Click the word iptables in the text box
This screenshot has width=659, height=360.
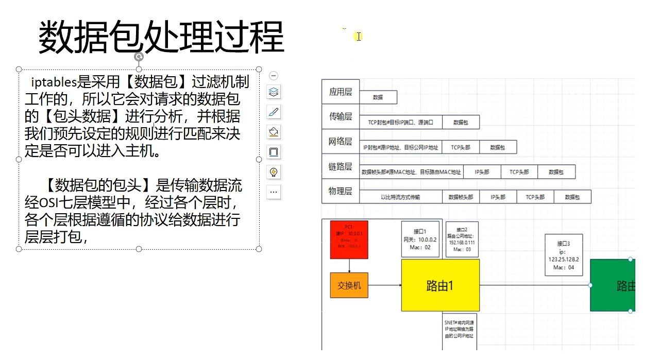pos(54,82)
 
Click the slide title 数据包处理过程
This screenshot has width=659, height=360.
pos(161,37)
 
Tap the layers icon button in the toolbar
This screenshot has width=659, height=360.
pos(274,92)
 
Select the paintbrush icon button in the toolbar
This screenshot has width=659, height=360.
pos(274,112)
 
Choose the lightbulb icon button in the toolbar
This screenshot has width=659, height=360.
pos(274,172)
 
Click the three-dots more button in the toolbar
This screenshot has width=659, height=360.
pos(274,192)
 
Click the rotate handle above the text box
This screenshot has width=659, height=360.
pos(139,57)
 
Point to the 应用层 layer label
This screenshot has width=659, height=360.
pos(340,92)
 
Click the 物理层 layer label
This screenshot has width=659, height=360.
pos(340,191)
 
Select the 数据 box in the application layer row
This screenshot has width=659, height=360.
pos(378,97)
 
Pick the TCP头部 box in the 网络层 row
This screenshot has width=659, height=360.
pos(460,147)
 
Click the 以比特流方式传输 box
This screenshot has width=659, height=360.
pos(400,197)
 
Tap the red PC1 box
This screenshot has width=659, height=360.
pos(349,239)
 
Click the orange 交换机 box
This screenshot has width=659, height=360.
pos(349,285)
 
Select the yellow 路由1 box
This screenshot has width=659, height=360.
pos(440,285)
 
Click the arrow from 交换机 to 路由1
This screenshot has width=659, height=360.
pos(385,285)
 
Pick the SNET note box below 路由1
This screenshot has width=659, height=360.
pos(460,330)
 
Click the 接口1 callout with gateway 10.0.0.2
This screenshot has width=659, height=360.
pos(420,239)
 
